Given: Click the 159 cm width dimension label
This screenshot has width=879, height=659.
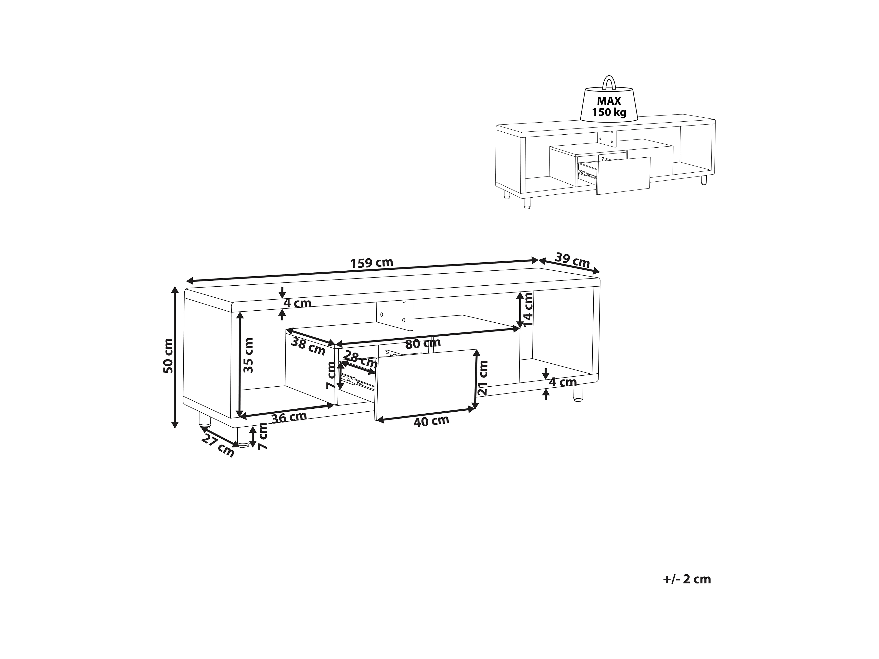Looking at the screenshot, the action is click(371, 263).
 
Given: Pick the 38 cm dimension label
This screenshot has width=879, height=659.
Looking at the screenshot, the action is click(308, 346).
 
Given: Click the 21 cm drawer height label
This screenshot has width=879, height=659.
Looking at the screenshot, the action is click(483, 378).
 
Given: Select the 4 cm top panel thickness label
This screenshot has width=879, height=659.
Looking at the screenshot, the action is click(297, 303).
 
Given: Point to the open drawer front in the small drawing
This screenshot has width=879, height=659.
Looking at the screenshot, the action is click(623, 176).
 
